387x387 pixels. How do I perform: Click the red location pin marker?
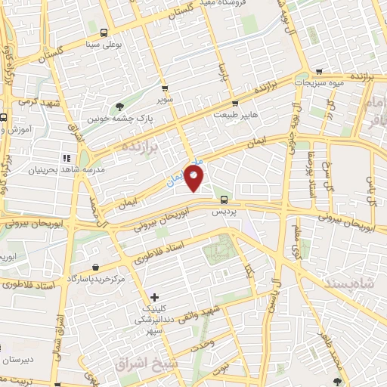(194, 178)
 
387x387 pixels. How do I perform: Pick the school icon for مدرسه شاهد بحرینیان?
(67, 158)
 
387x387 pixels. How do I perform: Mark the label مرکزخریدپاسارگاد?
(96, 278)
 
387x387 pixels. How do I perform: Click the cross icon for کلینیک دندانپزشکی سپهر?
(155, 296)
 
